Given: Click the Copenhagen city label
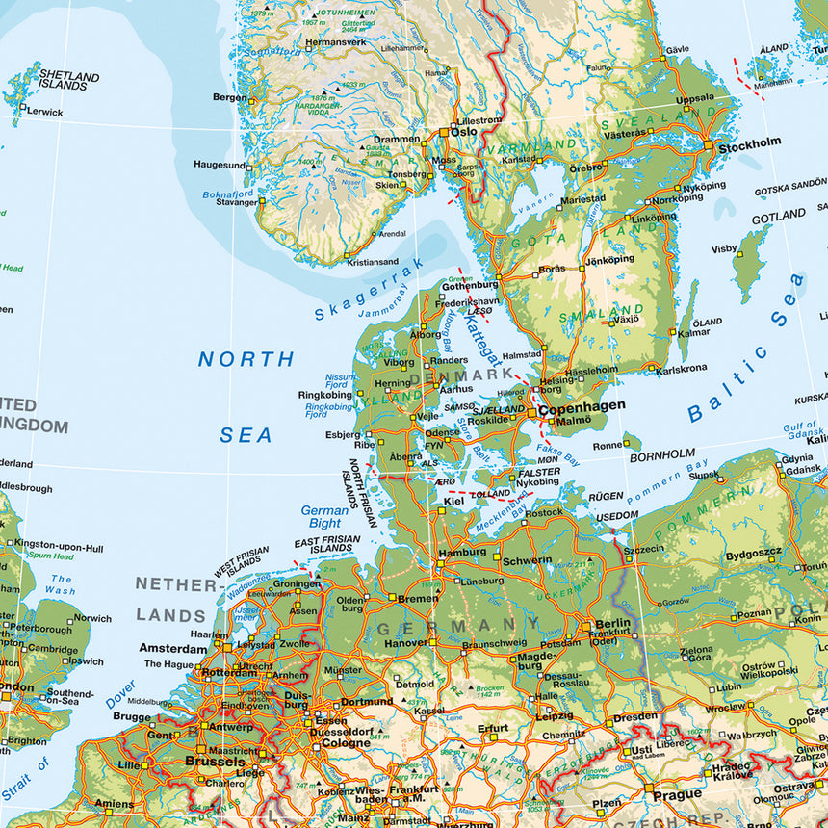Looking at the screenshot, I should point(581,407).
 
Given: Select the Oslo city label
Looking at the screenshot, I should point(464,132).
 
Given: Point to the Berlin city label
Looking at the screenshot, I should point(612,623).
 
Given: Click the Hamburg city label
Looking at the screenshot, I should point(462,553).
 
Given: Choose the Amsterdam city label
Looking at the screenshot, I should point(172,648).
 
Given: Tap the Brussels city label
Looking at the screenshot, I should point(214,761).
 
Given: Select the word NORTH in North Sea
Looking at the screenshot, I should point(246,359).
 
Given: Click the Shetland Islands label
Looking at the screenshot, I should point(68,80).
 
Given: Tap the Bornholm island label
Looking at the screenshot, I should point(661,453).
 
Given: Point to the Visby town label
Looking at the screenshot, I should point(723,248).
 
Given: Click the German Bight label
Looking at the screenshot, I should point(324,517).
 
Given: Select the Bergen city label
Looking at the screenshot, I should point(230,97).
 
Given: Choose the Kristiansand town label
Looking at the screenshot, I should point(374,261).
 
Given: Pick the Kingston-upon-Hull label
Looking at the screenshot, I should point(59,547).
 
